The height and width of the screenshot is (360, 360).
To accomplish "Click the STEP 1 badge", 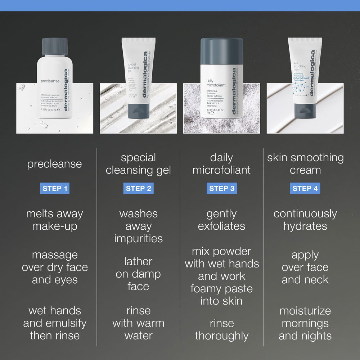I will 55,189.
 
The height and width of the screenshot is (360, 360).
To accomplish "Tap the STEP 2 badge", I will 138,189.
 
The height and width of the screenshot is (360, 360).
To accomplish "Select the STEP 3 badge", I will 222,189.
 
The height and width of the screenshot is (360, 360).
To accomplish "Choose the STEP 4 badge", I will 305,189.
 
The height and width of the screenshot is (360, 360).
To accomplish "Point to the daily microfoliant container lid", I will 221,50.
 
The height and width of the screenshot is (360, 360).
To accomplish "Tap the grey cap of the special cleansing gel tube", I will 138,110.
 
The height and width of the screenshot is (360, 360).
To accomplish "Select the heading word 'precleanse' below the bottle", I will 55,164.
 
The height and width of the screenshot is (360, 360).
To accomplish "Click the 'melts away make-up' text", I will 55,220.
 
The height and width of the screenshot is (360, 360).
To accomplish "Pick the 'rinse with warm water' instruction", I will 138,323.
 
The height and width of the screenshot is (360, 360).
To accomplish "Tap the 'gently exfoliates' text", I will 222,220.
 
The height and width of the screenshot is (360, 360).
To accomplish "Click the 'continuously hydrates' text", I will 305,220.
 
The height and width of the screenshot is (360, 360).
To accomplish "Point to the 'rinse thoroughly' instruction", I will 222,329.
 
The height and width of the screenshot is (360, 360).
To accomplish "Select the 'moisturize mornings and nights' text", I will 305,323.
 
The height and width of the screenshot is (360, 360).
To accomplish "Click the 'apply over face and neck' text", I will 305,267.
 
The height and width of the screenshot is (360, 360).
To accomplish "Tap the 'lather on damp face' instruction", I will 138,274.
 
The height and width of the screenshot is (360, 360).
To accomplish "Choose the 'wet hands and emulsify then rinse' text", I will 55,323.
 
